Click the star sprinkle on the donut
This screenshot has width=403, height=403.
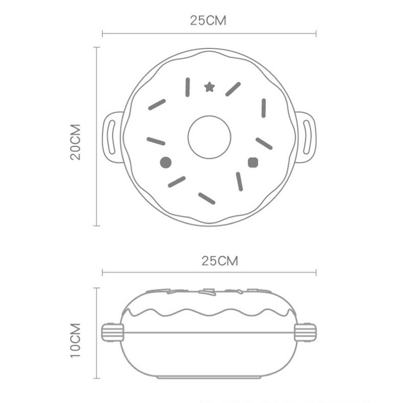coord(210,87)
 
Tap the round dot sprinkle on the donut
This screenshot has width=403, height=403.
coord(166,163)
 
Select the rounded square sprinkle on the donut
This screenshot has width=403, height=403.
coord(253,163)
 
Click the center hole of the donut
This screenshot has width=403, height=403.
coord(209,137)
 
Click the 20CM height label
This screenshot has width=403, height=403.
coord(76,142)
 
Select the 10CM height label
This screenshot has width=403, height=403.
coord(76,340)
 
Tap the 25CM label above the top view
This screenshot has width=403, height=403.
coord(208,21)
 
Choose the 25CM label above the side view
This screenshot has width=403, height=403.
coord(220,261)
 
